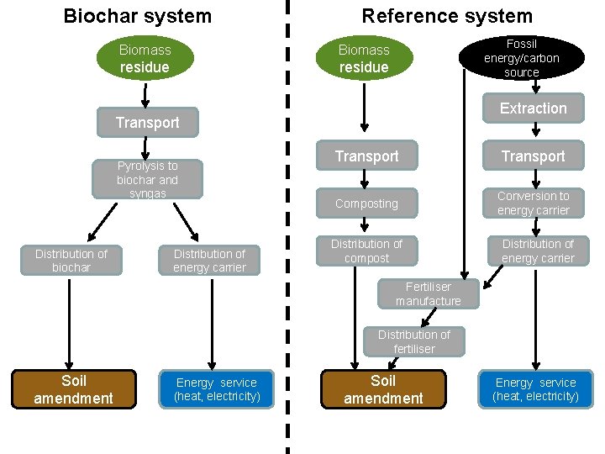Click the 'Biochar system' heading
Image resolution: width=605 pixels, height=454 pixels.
[x=138, y=16]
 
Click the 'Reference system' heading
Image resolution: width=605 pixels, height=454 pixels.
[x=447, y=16]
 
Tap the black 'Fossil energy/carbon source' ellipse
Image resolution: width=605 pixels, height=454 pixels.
[x=521, y=58]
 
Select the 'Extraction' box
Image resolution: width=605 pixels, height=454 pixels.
[x=533, y=108]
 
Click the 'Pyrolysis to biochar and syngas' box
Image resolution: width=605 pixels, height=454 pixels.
[x=147, y=179]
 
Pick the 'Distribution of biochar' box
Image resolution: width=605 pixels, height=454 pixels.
[x=71, y=261]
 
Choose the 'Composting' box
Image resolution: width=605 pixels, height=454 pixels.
[x=366, y=203]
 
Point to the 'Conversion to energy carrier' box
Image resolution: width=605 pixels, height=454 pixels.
[x=533, y=203]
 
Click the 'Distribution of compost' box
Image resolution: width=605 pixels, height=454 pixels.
[x=366, y=251]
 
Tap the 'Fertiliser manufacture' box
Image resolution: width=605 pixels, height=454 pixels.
[x=429, y=293]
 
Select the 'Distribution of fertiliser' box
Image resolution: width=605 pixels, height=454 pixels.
[x=413, y=341]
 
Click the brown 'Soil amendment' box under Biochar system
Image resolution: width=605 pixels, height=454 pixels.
[x=73, y=389]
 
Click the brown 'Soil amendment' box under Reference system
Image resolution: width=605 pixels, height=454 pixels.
[x=383, y=389]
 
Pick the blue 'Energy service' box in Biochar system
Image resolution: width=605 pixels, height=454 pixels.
[x=217, y=389]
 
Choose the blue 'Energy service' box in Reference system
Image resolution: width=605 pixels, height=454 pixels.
[x=535, y=389]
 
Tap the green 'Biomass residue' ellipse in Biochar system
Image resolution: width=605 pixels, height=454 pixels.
[x=145, y=58]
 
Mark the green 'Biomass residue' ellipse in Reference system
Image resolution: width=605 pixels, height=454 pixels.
[x=364, y=58]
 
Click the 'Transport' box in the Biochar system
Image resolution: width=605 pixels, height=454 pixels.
[x=148, y=123]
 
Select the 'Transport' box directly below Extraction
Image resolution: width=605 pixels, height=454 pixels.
[x=533, y=156]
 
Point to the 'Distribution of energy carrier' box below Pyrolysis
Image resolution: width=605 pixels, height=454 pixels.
[x=209, y=261]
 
